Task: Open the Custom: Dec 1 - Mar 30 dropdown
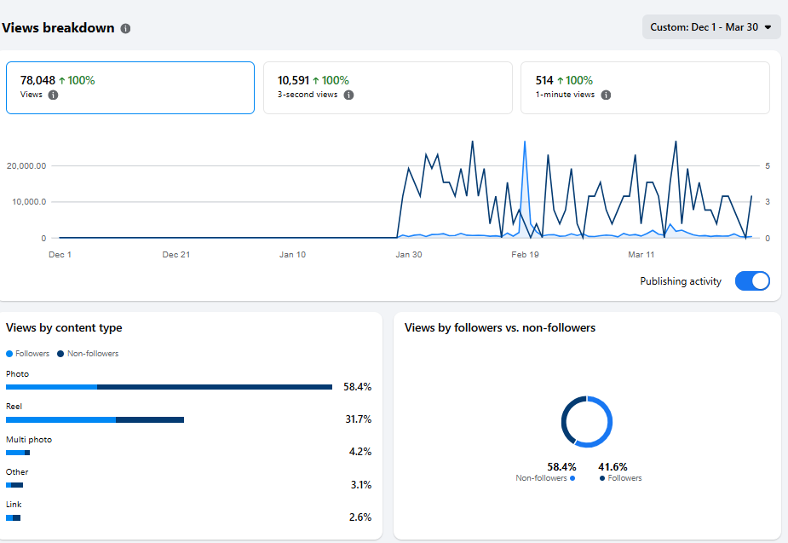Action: point(710,27)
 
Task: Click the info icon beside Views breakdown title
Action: point(125,28)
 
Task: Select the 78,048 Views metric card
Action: point(129,87)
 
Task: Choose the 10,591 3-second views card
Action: point(388,87)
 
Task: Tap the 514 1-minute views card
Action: point(645,87)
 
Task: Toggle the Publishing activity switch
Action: point(752,281)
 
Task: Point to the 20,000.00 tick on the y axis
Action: point(26,166)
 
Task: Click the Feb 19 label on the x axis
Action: point(525,254)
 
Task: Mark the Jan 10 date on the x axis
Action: point(292,254)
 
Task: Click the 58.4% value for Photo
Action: point(357,387)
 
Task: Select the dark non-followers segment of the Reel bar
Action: point(150,419)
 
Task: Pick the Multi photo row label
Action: point(29,440)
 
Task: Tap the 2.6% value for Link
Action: point(359,517)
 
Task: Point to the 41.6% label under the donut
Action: point(613,467)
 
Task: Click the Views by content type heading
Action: point(64,328)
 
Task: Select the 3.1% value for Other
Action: point(359,485)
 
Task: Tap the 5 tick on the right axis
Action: point(768,166)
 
